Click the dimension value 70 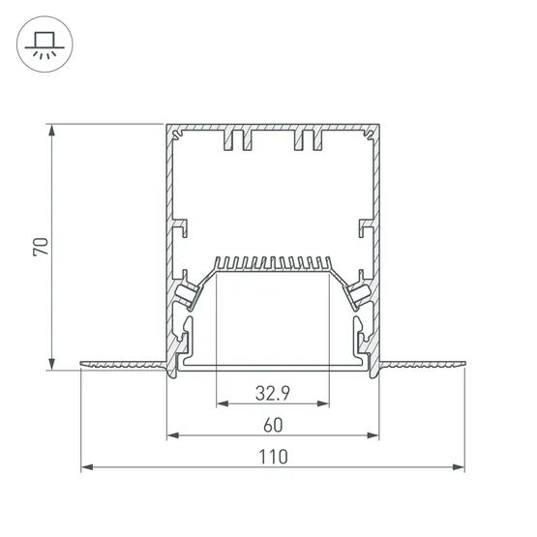41,247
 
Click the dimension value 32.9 273,393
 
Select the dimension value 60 273,425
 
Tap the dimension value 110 273,457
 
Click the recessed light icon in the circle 45,45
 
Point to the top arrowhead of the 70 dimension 51,131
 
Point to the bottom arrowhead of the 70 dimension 51,364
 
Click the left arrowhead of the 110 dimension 87,466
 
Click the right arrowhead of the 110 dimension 459,466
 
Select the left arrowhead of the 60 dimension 173,435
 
